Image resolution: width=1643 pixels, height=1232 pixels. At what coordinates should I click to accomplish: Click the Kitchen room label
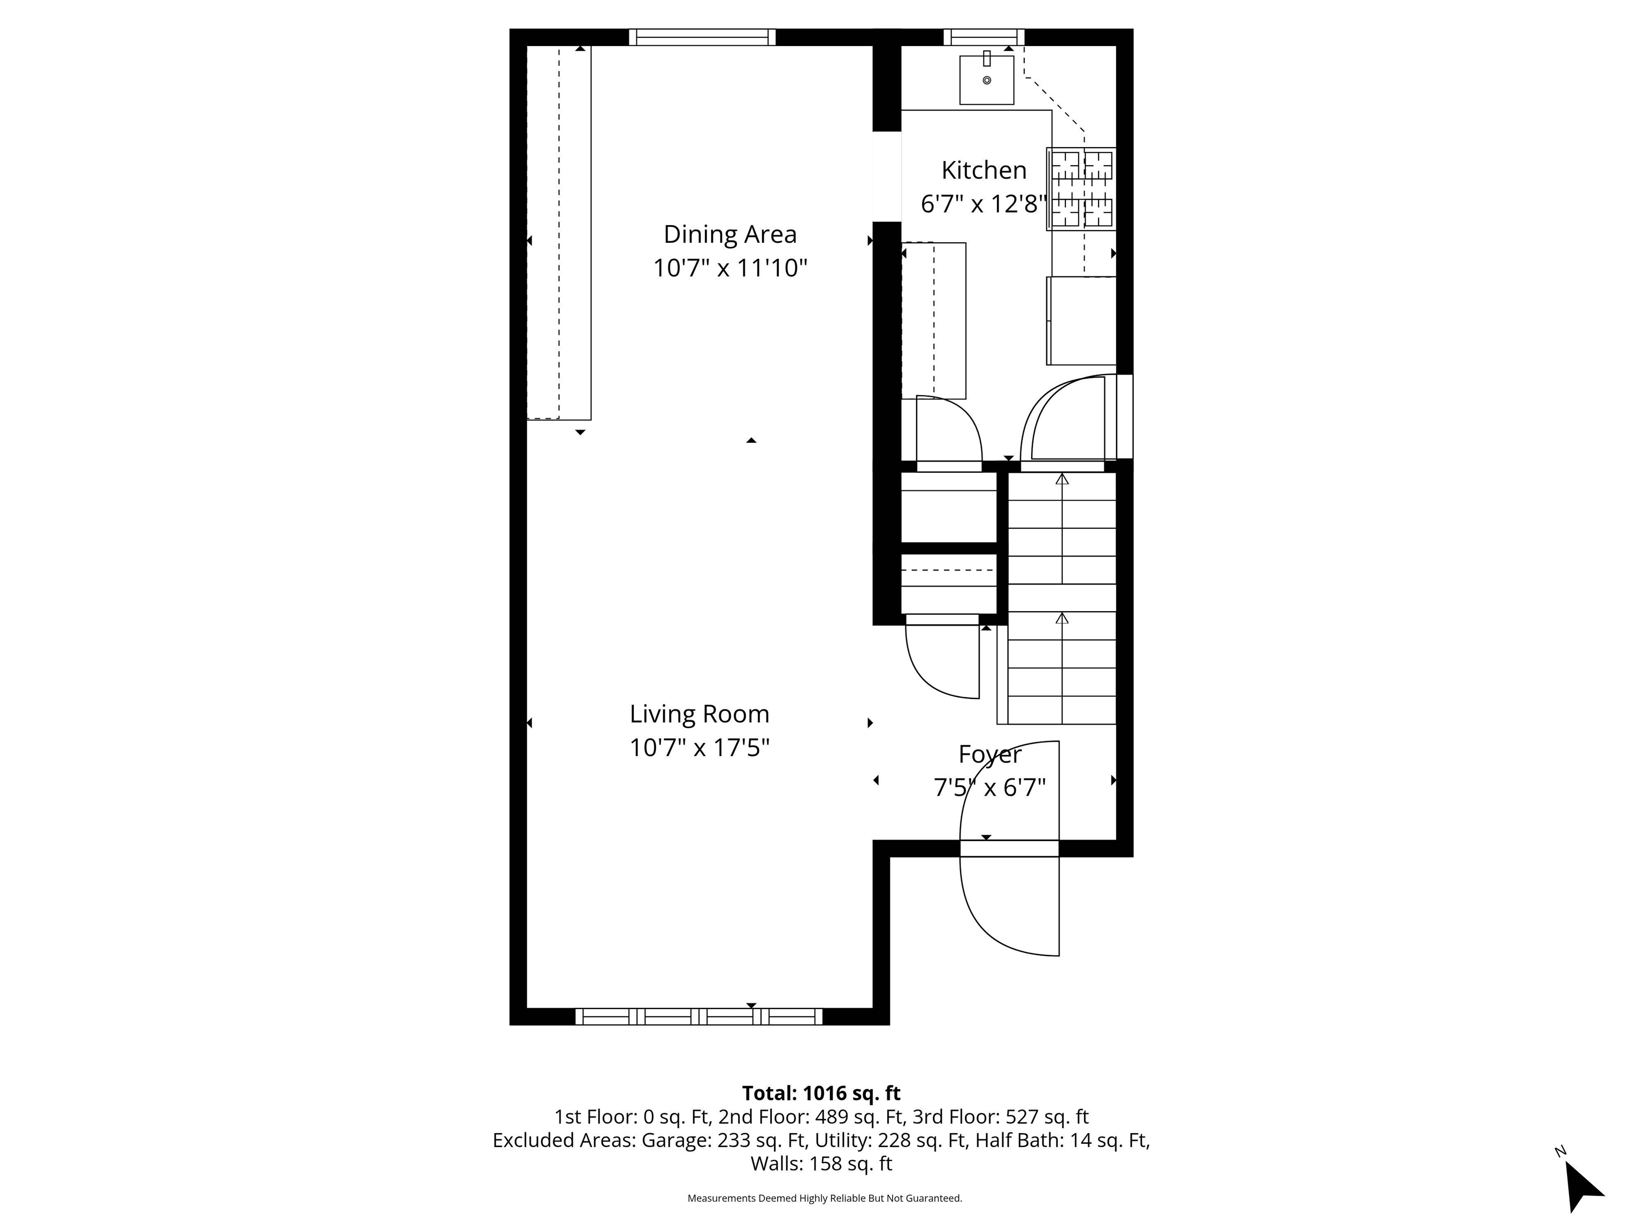point(984,170)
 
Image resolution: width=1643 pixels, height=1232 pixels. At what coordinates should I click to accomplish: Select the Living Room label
point(699,714)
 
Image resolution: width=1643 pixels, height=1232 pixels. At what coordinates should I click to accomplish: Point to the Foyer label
point(990,755)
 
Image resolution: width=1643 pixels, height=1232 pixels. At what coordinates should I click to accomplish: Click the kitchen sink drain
point(986,80)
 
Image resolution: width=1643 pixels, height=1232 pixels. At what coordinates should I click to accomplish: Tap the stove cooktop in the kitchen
point(1081,189)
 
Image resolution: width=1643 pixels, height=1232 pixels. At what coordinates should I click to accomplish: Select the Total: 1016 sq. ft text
point(821,1093)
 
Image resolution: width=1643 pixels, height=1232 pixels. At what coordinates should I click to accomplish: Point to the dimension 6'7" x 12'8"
point(984,204)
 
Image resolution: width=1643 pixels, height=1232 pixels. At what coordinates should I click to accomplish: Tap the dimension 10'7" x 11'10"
point(730,268)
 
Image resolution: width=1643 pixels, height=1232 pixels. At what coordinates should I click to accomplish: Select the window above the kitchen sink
point(984,37)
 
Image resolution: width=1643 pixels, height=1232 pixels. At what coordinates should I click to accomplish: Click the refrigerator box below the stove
point(1081,321)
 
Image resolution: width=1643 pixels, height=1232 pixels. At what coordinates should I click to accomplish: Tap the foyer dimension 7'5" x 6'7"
point(989,787)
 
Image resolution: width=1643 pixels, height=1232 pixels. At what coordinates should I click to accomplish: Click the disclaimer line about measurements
point(825,1198)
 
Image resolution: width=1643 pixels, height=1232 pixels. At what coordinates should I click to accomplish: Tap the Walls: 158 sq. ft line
point(821,1164)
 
